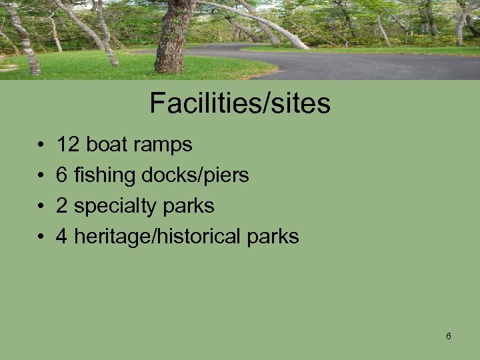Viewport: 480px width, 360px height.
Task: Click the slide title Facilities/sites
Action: click(x=240, y=103)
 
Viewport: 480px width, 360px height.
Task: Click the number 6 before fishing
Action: click(x=62, y=175)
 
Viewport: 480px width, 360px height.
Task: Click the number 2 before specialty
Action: click(x=62, y=206)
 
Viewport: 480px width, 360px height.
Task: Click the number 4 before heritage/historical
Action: click(x=62, y=236)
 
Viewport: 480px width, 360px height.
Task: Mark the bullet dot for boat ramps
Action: click(x=41, y=145)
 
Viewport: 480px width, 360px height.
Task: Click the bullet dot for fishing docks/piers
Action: click(x=41, y=175)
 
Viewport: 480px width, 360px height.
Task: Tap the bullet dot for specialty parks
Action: click(x=41, y=206)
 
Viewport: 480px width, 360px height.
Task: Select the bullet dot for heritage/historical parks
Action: click(x=41, y=237)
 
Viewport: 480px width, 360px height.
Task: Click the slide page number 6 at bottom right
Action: click(x=448, y=336)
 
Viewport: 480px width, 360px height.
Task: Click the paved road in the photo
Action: click(x=373, y=65)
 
